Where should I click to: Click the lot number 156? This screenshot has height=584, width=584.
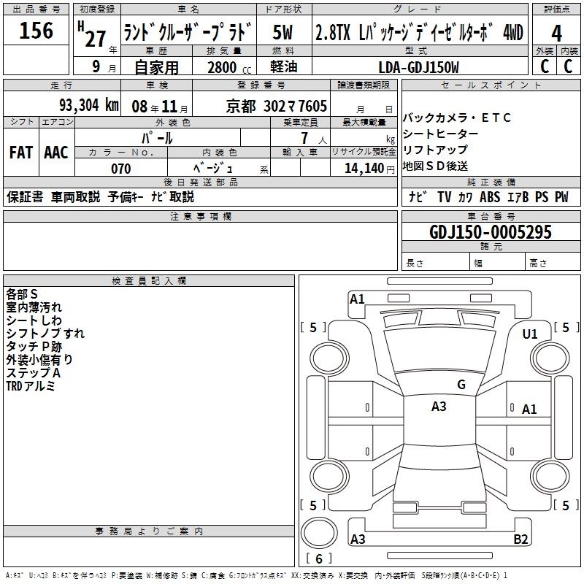tap(36, 30)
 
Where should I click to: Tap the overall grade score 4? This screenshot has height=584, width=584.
tap(556, 34)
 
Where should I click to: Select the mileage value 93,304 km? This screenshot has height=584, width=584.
tap(88, 105)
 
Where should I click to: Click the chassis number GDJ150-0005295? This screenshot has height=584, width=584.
tap(490, 231)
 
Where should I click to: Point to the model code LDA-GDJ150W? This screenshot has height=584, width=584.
tap(418, 67)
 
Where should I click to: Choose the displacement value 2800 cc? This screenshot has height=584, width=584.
tap(229, 67)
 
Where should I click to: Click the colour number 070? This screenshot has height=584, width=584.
tap(121, 169)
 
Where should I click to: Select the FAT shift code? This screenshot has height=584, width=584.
tap(21, 153)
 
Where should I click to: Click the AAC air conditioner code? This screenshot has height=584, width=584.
tap(56, 153)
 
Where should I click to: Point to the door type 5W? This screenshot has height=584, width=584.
tap(283, 32)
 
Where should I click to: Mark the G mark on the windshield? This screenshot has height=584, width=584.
tap(461, 384)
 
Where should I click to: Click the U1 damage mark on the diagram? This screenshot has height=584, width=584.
tap(530, 334)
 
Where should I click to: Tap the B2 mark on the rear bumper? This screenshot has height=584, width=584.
tap(520, 539)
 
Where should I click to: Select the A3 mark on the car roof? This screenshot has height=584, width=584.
tap(439, 407)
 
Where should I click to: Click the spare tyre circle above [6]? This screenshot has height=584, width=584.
tap(319, 533)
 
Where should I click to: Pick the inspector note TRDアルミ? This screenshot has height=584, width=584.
tap(31, 386)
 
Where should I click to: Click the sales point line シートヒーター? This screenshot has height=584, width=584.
tap(440, 134)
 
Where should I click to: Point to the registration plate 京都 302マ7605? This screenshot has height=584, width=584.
tap(277, 106)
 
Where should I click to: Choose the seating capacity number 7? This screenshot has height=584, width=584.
tap(304, 138)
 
